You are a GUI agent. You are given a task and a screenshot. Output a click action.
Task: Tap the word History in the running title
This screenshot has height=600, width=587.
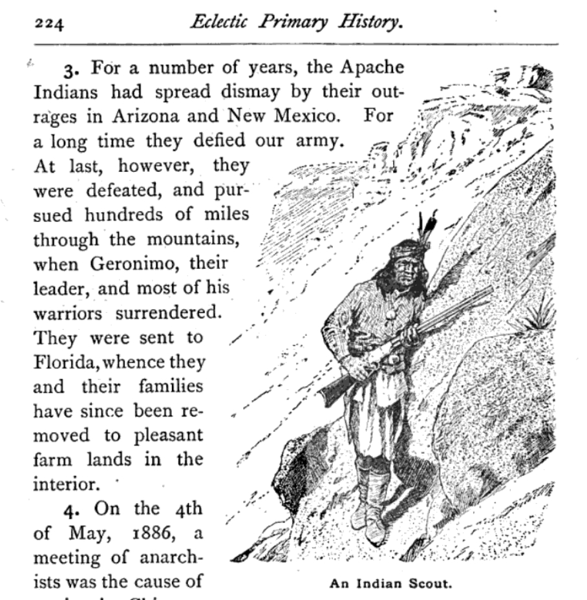point(372,23)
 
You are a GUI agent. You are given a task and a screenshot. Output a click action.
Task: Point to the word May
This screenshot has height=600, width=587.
point(83,533)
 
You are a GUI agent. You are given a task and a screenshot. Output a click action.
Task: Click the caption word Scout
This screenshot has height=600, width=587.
point(428,584)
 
